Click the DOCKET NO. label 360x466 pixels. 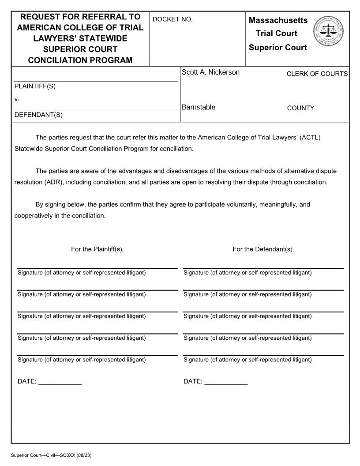click(x=172, y=19)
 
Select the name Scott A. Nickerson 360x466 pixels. click(x=210, y=72)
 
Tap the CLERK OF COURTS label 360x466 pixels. click(x=317, y=74)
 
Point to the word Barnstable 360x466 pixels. click(x=199, y=107)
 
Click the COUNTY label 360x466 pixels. click(x=300, y=108)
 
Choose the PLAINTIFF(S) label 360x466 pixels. click(x=35, y=86)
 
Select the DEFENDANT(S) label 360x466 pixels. click(x=38, y=115)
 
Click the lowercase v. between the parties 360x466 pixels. click(x=17, y=99)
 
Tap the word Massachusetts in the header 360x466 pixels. click(x=278, y=20)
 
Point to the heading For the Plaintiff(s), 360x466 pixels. click(x=97, y=249)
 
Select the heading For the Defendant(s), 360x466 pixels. click(x=263, y=249)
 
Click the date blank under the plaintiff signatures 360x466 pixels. click(x=60, y=382)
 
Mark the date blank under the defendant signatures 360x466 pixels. click(x=226, y=382)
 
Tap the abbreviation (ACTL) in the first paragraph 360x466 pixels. click(x=310, y=137)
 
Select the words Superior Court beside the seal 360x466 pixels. click(x=277, y=48)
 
